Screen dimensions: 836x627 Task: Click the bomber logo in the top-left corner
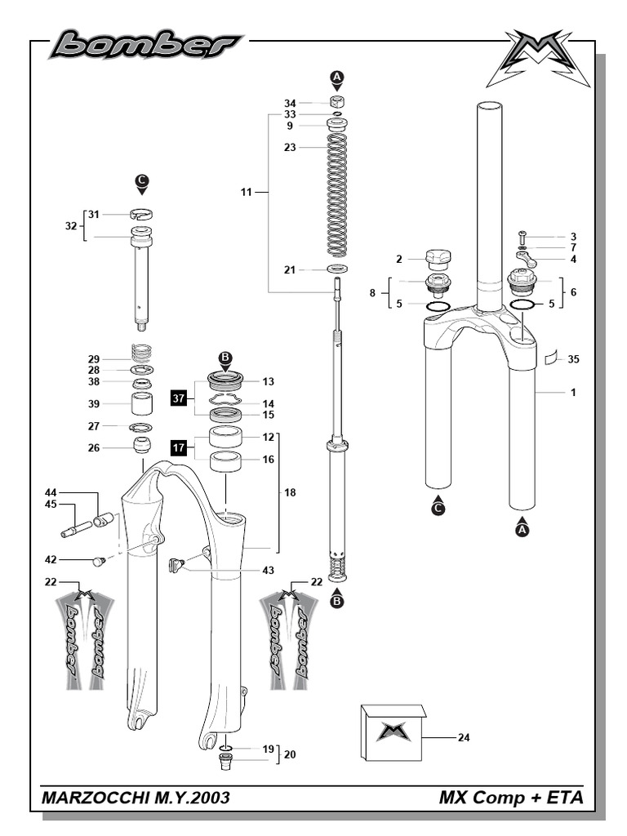point(145,44)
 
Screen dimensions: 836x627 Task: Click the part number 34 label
point(290,104)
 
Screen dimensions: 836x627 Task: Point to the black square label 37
point(180,398)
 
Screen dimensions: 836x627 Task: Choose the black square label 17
point(180,447)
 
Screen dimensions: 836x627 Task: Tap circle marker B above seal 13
point(226,358)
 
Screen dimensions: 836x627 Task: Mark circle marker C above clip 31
point(143,180)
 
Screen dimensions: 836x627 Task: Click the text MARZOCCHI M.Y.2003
point(135,797)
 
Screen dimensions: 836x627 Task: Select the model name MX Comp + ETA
point(511,797)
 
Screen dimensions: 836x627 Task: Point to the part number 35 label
point(573,358)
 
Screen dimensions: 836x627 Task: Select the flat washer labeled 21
point(336,269)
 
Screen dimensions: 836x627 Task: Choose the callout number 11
point(247,193)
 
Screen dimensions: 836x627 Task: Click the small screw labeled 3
point(523,237)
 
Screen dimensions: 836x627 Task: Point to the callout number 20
point(289,755)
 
